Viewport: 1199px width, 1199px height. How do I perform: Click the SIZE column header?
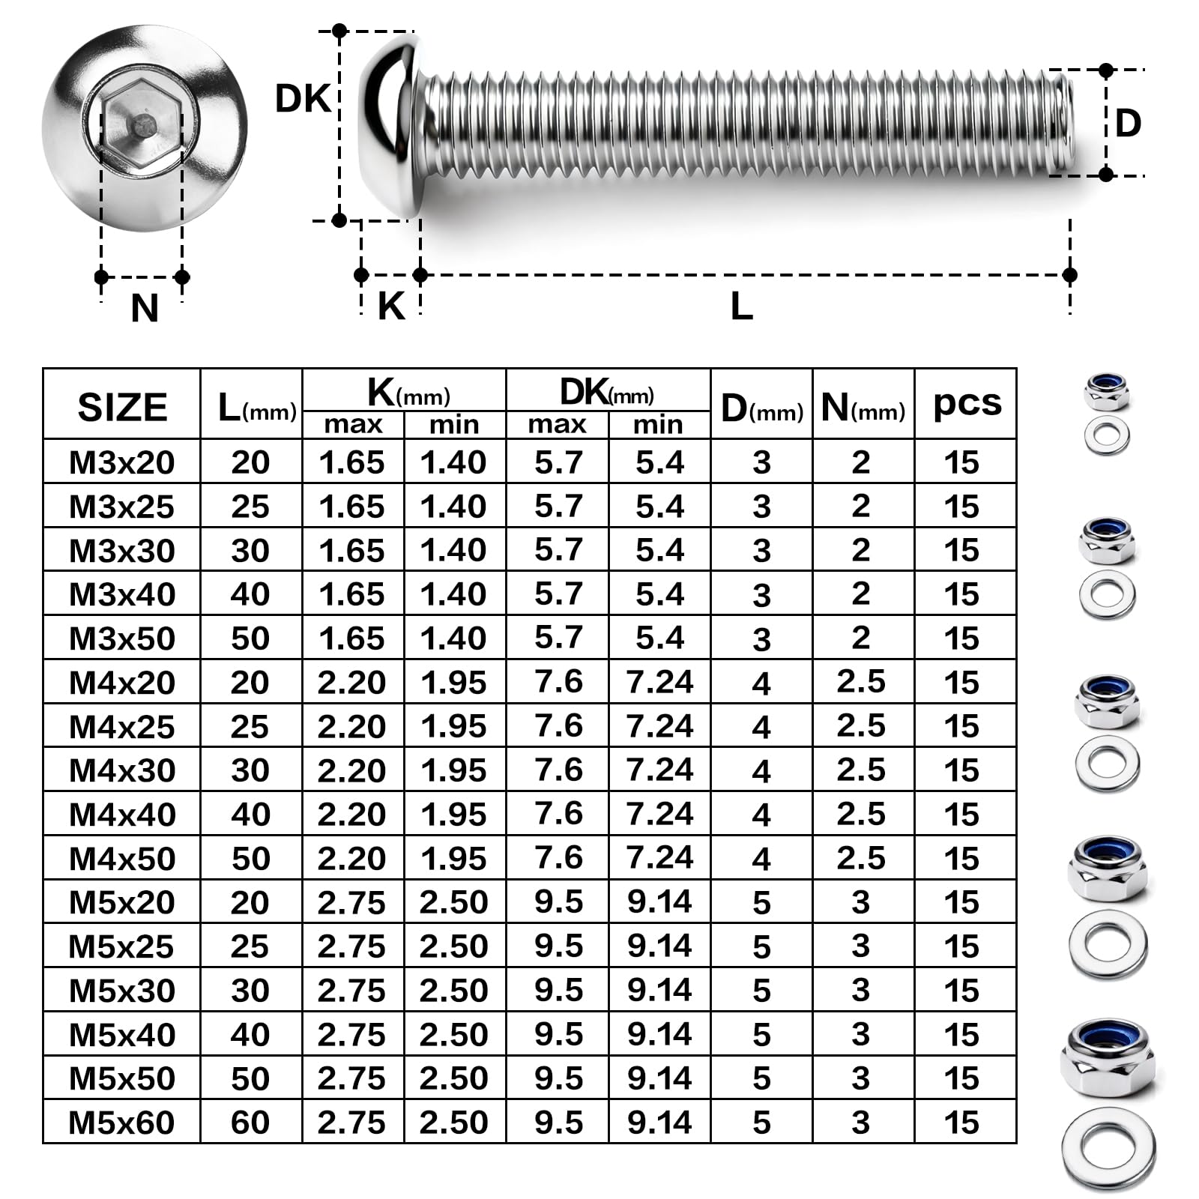coord(122,408)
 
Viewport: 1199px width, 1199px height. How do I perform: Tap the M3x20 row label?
coord(122,462)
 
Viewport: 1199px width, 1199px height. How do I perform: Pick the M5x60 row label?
coord(121,1123)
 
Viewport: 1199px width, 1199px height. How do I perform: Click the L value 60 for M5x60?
coord(250,1123)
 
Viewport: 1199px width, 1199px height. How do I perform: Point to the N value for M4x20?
coord(861,682)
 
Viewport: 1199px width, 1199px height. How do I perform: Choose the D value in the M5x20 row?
coord(761,903)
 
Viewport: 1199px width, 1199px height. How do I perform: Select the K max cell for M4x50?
coord(351,859)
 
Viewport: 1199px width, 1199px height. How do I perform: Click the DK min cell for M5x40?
coord(659,1035)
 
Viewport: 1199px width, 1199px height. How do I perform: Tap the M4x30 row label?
coord(122,770)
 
